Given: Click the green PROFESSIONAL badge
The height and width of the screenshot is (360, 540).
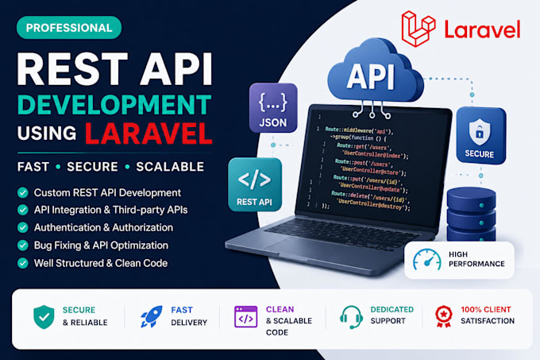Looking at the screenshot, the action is (69, 28).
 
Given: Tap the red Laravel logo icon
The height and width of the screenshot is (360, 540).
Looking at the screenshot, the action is (418, 29).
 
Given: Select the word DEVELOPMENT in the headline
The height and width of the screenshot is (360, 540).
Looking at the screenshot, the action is (114, 105).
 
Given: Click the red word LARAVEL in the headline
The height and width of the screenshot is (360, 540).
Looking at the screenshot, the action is (148, 134).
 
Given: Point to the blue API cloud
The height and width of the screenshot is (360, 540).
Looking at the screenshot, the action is (374, 72).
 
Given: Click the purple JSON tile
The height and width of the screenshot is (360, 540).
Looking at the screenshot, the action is (273, 108).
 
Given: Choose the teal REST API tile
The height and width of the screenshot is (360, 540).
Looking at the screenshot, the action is (255, 184).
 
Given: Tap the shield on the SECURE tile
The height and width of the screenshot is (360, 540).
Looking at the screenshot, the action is (480, 131).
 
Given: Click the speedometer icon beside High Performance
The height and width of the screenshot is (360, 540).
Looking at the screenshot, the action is (427, 260).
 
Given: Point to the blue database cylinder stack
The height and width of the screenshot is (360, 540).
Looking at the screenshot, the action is (471, 215).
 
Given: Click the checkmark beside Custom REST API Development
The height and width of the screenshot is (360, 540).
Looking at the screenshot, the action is (23, 192).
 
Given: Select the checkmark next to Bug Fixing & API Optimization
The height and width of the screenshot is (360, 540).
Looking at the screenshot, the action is (23, 246).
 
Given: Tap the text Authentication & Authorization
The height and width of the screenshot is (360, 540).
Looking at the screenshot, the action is (103, 227).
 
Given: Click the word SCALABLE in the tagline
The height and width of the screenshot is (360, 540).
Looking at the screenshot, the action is (170, 167).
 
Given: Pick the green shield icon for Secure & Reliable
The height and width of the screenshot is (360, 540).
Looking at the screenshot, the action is (44, 317).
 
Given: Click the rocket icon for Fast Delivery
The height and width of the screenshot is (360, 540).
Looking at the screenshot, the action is (152, 316).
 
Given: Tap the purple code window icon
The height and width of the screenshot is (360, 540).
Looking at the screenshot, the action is (245, 316).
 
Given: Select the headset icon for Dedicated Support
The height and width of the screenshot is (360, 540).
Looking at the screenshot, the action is (351, 317).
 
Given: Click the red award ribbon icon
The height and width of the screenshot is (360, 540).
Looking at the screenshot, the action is (444, 316).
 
